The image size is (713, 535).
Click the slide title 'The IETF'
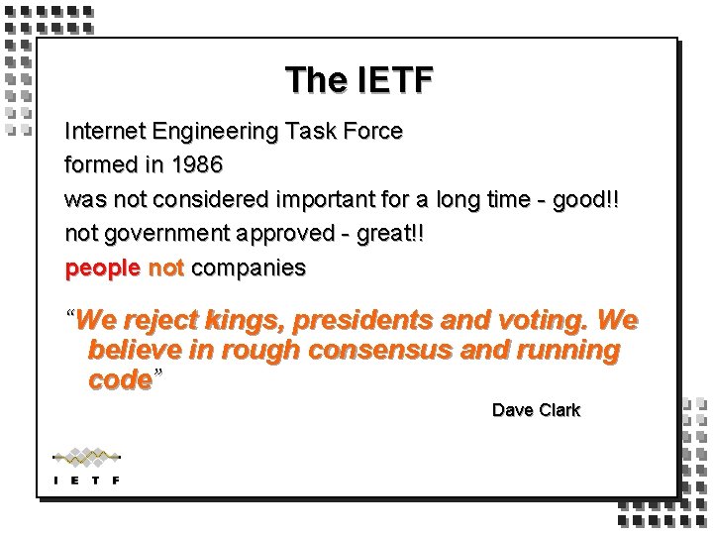358,80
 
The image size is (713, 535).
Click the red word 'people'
102,268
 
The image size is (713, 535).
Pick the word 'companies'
249,268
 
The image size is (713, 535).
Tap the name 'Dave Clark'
536,410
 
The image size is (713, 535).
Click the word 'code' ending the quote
120,380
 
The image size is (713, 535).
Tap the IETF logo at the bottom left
86,466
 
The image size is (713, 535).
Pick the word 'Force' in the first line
373,131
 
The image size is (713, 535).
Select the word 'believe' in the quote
133,351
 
